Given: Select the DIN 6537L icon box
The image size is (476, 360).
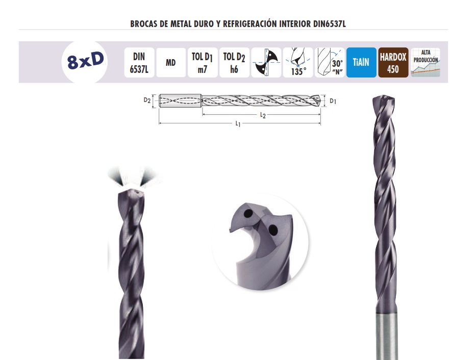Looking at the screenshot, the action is (x=139, y=63).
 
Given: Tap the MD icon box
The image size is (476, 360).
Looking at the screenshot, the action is (x=171, y=63).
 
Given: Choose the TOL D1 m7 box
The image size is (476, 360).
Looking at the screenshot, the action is (x=203, y=63).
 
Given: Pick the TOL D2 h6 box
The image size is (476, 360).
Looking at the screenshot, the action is (x=234, y=63).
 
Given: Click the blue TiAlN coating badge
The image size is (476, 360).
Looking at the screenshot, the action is (x=361, y=63).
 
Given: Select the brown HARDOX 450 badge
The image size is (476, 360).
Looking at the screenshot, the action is (x=393, y=63).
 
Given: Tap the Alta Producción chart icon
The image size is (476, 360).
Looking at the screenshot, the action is (x=425, y=63).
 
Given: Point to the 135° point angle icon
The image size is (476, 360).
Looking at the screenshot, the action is (x=298, y=63).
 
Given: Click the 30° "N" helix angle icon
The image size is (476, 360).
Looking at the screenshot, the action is (x=330, y=63).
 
